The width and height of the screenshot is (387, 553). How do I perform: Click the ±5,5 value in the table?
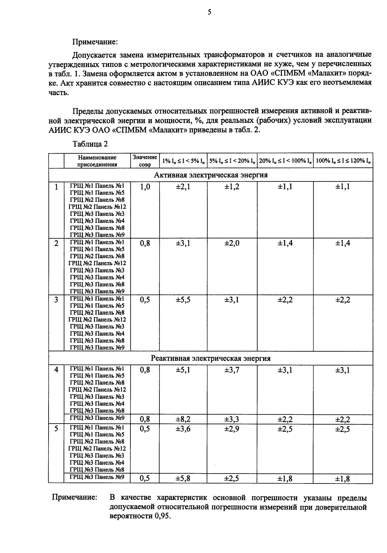(x=183, y=300)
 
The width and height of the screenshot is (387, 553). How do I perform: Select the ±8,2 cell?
(x=183, y=420)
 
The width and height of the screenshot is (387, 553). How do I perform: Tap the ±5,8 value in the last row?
(x=183, y=479)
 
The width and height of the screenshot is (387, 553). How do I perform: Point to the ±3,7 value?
(x=232, y=370)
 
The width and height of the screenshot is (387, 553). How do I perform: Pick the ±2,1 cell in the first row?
(x=183, y=187)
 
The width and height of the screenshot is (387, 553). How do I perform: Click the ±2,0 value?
(x=232, y=243)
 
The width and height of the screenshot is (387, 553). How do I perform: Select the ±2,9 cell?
(x=232, y=429)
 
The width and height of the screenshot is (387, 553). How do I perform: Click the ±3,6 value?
(x=183, y=429)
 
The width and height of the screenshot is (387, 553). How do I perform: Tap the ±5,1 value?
(x=183, y=370)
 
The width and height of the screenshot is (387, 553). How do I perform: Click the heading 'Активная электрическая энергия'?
(x=211, y=175)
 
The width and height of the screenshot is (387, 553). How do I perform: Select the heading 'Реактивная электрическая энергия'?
(x=211, y=358)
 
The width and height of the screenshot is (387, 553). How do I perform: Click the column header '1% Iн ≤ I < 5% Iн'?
(x=183, y=161)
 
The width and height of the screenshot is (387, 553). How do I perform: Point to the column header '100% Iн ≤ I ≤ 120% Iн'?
(x=343, y=161)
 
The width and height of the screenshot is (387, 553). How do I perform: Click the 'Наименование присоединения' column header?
(x=97, y=161)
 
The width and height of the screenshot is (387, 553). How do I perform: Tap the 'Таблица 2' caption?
(x=90, y=144)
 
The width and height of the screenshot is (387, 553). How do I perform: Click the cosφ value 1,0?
(x=145, y=187)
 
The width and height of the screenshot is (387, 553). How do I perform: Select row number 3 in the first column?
(x=56, y=300)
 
